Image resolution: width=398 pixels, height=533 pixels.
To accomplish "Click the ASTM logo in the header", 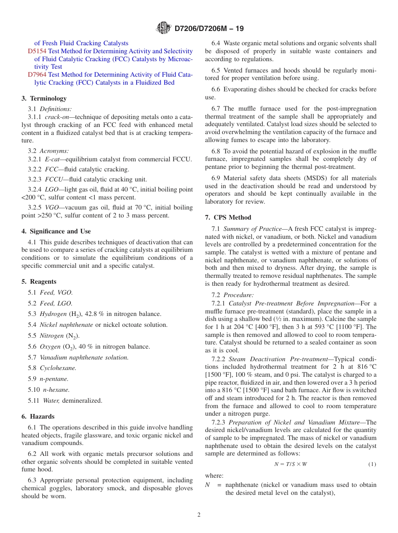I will click(163, 28).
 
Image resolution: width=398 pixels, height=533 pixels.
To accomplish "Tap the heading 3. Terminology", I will click(44, 98).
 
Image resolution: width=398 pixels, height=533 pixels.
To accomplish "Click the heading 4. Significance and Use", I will click(56, 231).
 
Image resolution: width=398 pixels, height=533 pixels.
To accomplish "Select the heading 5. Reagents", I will click(39, 282).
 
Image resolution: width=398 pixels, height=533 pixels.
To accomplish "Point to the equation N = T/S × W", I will click(290, 464).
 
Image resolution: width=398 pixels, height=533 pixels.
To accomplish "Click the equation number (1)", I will click(372, 464).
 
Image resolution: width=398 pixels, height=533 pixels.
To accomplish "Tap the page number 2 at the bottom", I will click(199, 515).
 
